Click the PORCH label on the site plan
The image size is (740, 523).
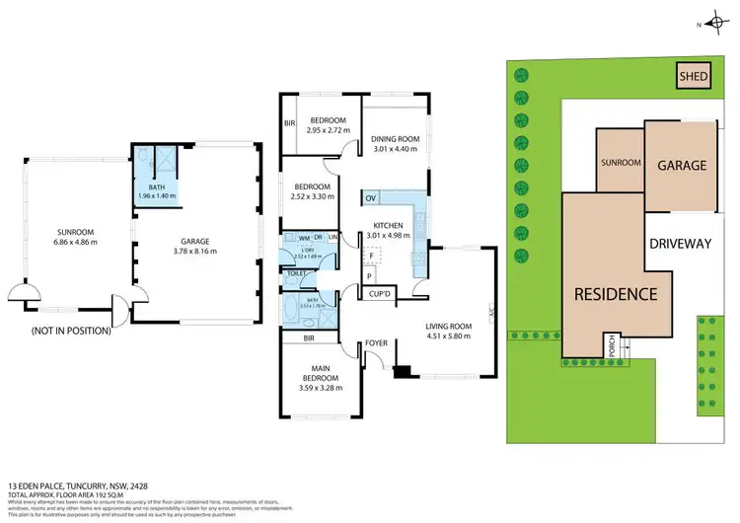tap(612, 346)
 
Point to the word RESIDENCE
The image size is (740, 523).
tap(617, 293)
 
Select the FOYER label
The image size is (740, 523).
tap(376, 343)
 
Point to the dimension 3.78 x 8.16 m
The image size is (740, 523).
tap(197, 252)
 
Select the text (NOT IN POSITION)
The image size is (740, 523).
tap(71, 331)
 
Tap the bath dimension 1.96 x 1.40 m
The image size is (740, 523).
tap(157, 196)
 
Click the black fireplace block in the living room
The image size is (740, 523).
tap(401, 372)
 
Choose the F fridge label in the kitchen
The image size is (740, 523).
tap(370, 255)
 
